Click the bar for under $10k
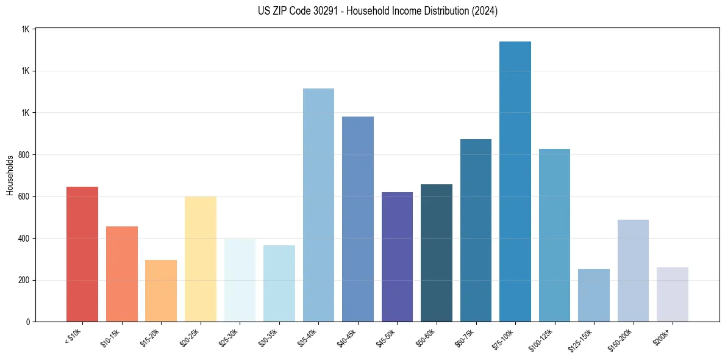82,254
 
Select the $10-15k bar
121,274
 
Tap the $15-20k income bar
161,290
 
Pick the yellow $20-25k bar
200,259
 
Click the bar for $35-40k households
318,205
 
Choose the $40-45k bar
358,219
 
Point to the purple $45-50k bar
397,257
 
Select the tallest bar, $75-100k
515,181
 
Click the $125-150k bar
594,295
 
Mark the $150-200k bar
633,270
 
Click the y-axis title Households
10,175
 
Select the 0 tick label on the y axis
27,322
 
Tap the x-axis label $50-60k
426,337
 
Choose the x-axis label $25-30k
229,337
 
